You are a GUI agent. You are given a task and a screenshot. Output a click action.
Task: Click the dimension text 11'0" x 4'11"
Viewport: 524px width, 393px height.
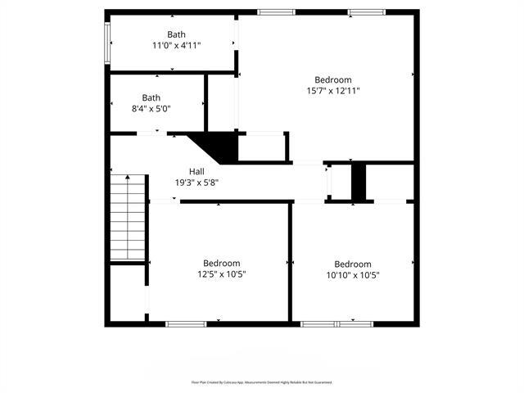tap(176, 46)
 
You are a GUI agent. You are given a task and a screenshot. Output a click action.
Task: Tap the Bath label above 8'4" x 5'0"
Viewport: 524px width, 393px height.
tap(151, 97)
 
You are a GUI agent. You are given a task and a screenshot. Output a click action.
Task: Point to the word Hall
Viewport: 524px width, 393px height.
tap(196, 171)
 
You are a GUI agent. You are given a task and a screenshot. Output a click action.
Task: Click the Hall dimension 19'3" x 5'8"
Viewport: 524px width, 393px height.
tap(196, 183)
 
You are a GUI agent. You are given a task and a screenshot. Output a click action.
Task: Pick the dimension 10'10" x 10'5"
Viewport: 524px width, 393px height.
tap(353, 275)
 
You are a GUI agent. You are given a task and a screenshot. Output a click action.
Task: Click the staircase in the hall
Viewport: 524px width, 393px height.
tap(129, 217)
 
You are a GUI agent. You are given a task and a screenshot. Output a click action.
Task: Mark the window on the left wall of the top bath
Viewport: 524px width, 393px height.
tap(106, 41)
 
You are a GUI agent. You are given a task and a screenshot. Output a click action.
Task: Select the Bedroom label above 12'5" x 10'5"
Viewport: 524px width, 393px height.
tap(222, 263)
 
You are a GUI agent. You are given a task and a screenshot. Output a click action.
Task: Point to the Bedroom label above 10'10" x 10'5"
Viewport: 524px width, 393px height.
tap(353, 264)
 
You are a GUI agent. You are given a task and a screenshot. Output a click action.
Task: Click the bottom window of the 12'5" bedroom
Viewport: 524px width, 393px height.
tap(185, 324)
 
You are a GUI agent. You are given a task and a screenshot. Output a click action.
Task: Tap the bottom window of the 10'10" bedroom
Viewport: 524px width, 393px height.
tap(337, 324)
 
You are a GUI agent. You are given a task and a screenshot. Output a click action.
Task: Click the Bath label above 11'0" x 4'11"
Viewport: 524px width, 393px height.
tap(176, 34)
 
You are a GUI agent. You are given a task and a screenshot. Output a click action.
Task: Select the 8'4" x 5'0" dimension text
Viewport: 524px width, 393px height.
tap(151, 109)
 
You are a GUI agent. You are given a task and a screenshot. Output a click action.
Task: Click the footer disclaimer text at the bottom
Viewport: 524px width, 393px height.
tap(262, 382)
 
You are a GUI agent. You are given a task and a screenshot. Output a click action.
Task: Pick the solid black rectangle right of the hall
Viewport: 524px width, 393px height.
tap(359, 181)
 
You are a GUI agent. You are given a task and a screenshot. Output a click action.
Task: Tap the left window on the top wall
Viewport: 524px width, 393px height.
tap(276, 11)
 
